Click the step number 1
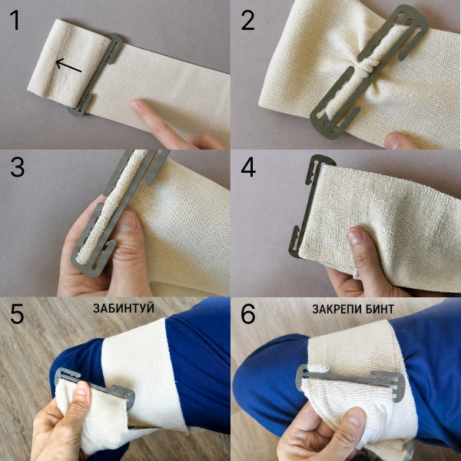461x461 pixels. coord(15,20)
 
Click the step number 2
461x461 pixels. coord(248,21)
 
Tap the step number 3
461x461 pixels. coord(18,167)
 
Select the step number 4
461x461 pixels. coord(248,167)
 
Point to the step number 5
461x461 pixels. coord(17,313)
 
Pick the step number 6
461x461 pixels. coord(248,313)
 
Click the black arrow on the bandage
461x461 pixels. coord(68,65)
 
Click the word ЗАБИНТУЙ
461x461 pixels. coord(124,308)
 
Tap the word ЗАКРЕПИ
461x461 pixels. coord(334,309)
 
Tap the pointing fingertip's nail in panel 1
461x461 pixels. coord(134,104)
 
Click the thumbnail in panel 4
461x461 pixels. coord(355,237)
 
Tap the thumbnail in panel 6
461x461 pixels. coord(356,416)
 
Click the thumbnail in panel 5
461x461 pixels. coord(81,388)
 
